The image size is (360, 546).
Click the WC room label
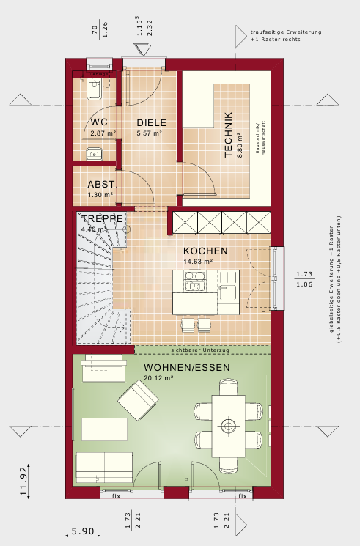pyautogui.click(x=100, y=122)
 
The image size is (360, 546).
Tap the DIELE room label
pyautogui.click(x=152, y=122)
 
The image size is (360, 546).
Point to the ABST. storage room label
pyautogui.click(x=100, y=185)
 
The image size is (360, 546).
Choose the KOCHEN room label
pyautogui.click(x=205, y=251)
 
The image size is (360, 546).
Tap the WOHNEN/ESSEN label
pyautogui.click(x=187, y=367)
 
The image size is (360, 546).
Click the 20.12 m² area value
pyautogui.click(x=158, y=378)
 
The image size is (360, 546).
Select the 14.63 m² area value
pyautogui.click(x=198, y=261)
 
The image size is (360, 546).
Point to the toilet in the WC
pyautogui.click(x=94, y=91)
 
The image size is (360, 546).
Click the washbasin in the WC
pyautogui.click(x=92, y=153)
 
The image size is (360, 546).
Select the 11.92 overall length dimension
pyautogui.click(x=24, y=480)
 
